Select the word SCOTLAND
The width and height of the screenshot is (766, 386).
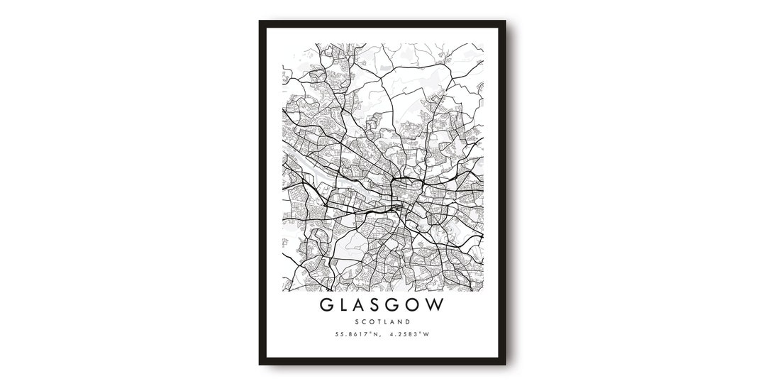tap(383, 322)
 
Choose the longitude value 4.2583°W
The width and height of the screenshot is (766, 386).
tap(410, 335)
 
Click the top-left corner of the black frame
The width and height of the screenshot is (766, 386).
tap(260, 21)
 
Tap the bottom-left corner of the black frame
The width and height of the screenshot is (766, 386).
tap(260, 364)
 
